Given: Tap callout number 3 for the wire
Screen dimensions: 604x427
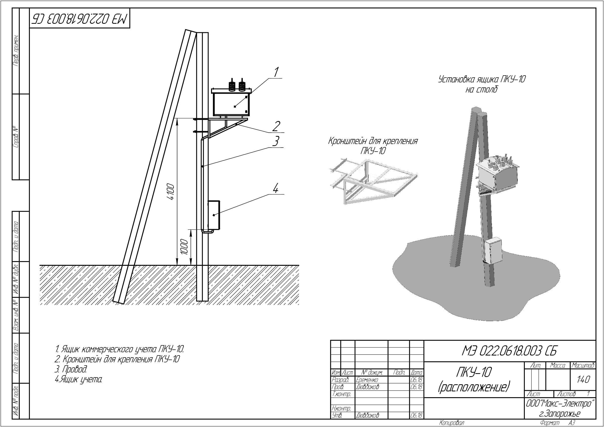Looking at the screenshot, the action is [x=276, y=141].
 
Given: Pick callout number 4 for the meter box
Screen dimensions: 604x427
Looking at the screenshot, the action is [x=276, y=188].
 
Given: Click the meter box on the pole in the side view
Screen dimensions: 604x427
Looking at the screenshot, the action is [x=214, y=215].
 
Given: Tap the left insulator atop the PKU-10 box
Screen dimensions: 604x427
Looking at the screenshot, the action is [x=232, y=85].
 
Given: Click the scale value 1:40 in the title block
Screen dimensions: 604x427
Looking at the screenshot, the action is [x=584, y=379].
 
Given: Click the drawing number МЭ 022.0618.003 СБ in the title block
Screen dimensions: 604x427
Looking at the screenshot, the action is [x=509, y=351].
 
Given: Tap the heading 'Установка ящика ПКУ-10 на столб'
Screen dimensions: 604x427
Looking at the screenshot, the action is [x=482, y=84].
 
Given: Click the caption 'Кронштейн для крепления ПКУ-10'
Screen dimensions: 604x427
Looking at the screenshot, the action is [x=373, y=146].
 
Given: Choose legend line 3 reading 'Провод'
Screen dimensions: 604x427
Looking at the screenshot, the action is [x=71, y=369].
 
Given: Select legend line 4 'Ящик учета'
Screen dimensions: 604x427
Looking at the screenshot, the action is [x=78, y=379].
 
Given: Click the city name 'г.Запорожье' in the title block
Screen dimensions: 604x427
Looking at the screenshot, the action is [x=559, y=414].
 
